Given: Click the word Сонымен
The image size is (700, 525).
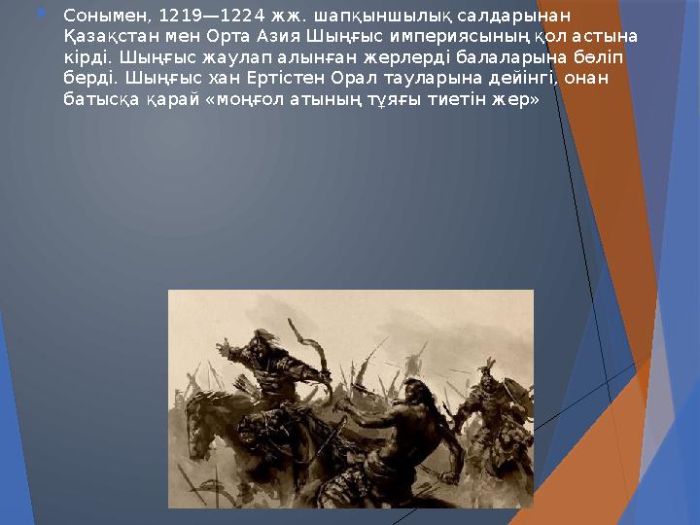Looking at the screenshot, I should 96,16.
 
